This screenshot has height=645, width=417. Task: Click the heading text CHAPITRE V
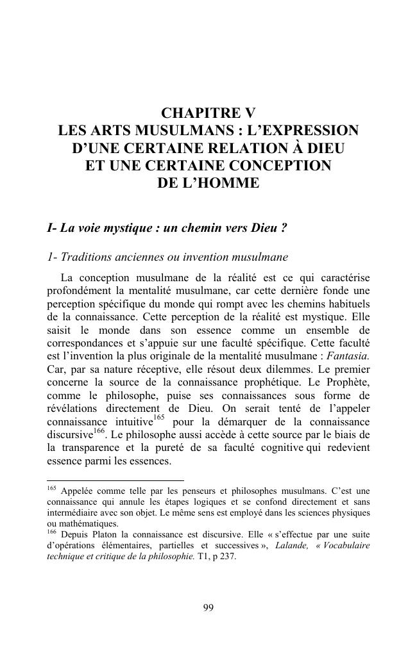point(208,113)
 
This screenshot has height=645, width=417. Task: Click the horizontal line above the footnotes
point(115,479)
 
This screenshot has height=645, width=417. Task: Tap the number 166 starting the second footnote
point(52,531)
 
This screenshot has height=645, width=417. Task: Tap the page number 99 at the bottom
point(208,607)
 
